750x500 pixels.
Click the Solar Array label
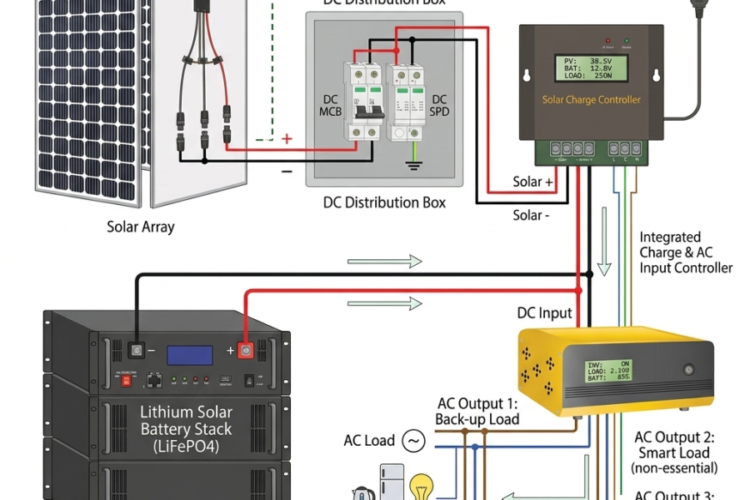[x=141, y=227]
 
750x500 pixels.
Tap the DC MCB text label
[x=330, y=106]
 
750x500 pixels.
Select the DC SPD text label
[x=441, y=106]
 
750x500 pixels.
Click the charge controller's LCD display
[x=587, y=68]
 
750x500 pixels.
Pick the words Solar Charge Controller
[x=592, y=100]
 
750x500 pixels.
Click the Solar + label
[x=532, y=182]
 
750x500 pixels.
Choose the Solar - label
[x=531, y=215]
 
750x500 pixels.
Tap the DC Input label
[x=544, y=313]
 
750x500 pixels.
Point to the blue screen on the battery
[x=190, y=354]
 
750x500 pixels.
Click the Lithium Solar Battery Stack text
[x=186, y=428]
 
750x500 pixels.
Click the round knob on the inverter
[x=688, y=368]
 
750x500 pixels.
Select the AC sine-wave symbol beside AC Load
[x=413, y=440]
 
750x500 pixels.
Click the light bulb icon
[x=419, y=486]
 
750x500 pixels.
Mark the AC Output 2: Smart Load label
[x=676, y=452]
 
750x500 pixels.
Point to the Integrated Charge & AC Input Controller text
[x=685, y=252]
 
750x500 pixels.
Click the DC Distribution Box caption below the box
[x=384, y=202]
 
